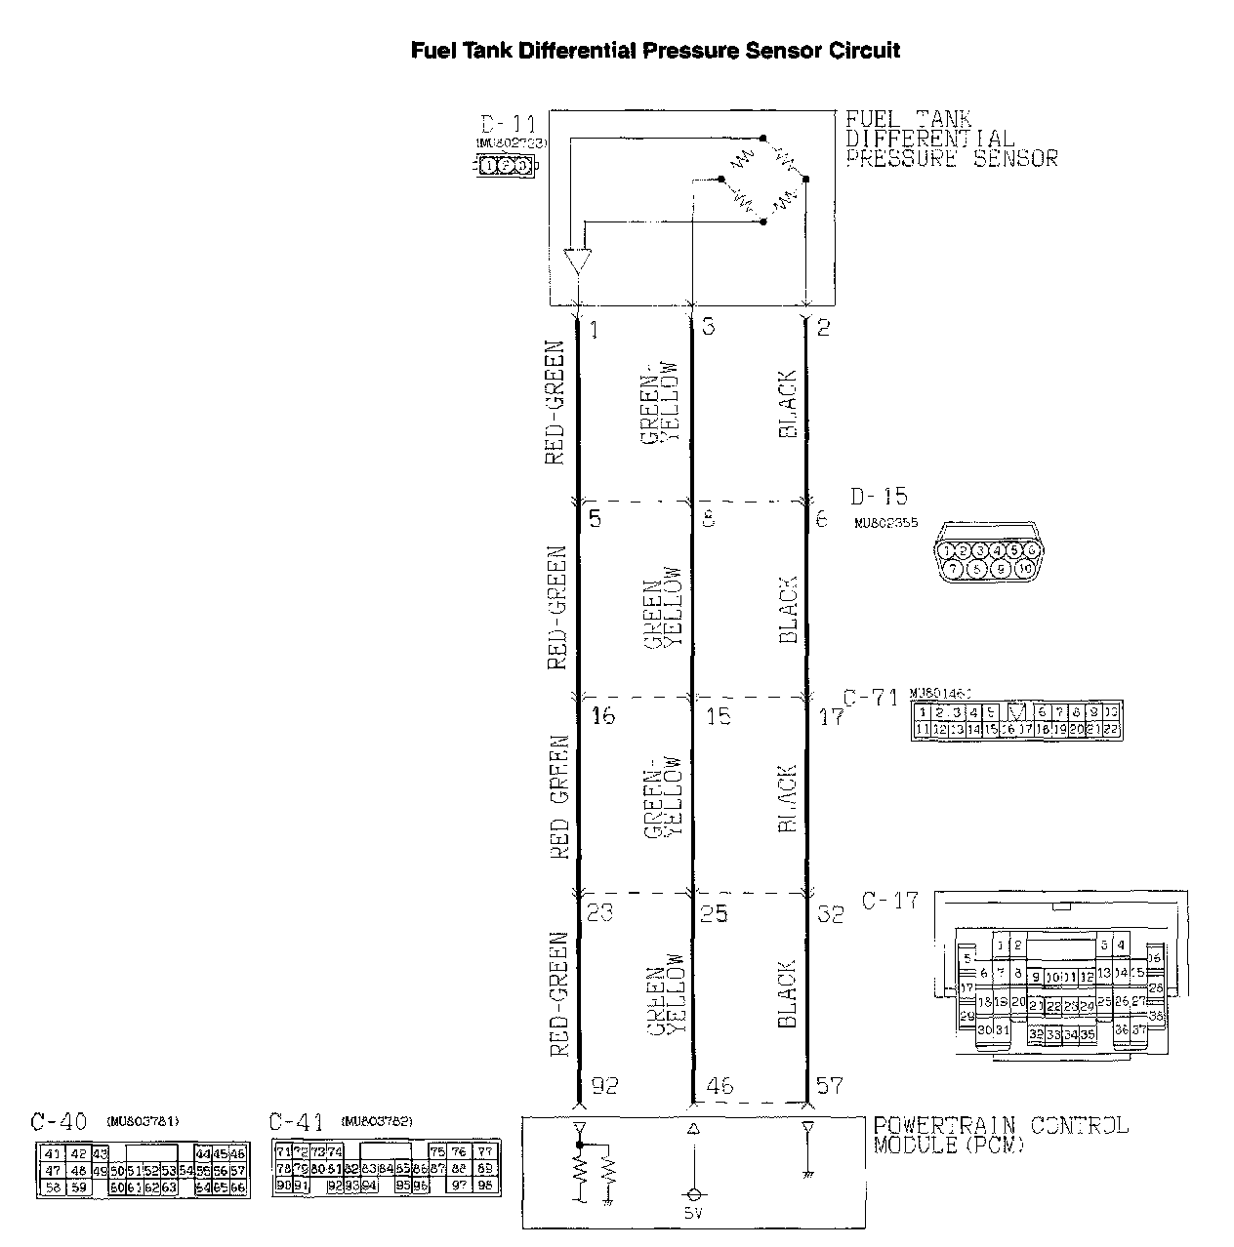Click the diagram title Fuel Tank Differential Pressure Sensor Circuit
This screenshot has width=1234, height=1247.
pyautogui.click(x=655, y=51)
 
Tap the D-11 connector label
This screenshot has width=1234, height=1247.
pyautogui.click(x=508, y=125)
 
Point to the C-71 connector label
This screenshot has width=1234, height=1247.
pyautogui.click(x=870, y=698)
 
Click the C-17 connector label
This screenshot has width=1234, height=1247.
pyautogui.click(x=890, y=901)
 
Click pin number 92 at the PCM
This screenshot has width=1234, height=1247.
pyautogui.click(x=604, y=1085)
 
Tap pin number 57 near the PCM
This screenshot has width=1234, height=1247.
pyautogui.click(x=829, y=1085)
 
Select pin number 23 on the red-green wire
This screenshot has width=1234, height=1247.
pyautogui.click(x=600, y=914)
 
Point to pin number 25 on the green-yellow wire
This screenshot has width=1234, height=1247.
pyautogui.click(x=716, y=914)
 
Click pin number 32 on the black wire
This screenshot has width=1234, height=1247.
pyautogui.click(x=830, y=914)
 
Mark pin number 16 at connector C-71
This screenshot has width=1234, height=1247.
pyautogui.click(x=603, y=716)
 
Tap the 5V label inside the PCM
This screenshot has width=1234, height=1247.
pyautogui.click(x=693, y=1214)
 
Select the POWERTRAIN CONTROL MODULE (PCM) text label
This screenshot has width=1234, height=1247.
pyautogui.click(x=1000, y=1135)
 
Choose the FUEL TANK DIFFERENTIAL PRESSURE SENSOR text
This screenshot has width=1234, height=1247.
pyautogui.click(x=951, y=139)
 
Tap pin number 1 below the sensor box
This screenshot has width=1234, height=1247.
pyautogui.click(x=594, y=329)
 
